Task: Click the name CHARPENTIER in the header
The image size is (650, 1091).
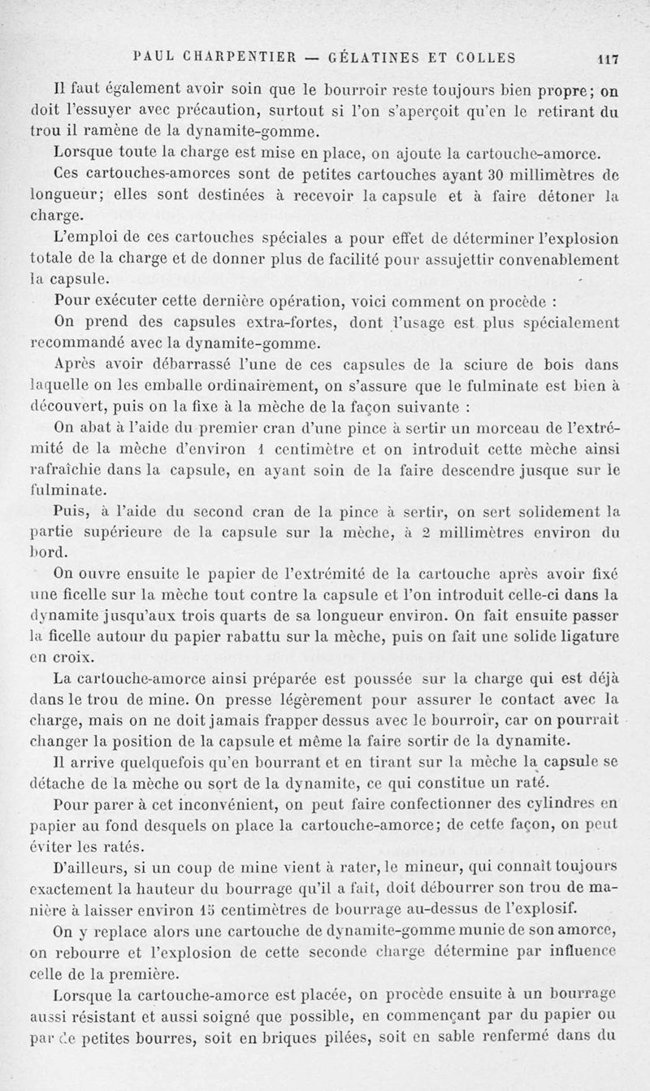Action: [x=232, y=58]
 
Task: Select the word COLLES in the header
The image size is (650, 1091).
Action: [x=485, y=58]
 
